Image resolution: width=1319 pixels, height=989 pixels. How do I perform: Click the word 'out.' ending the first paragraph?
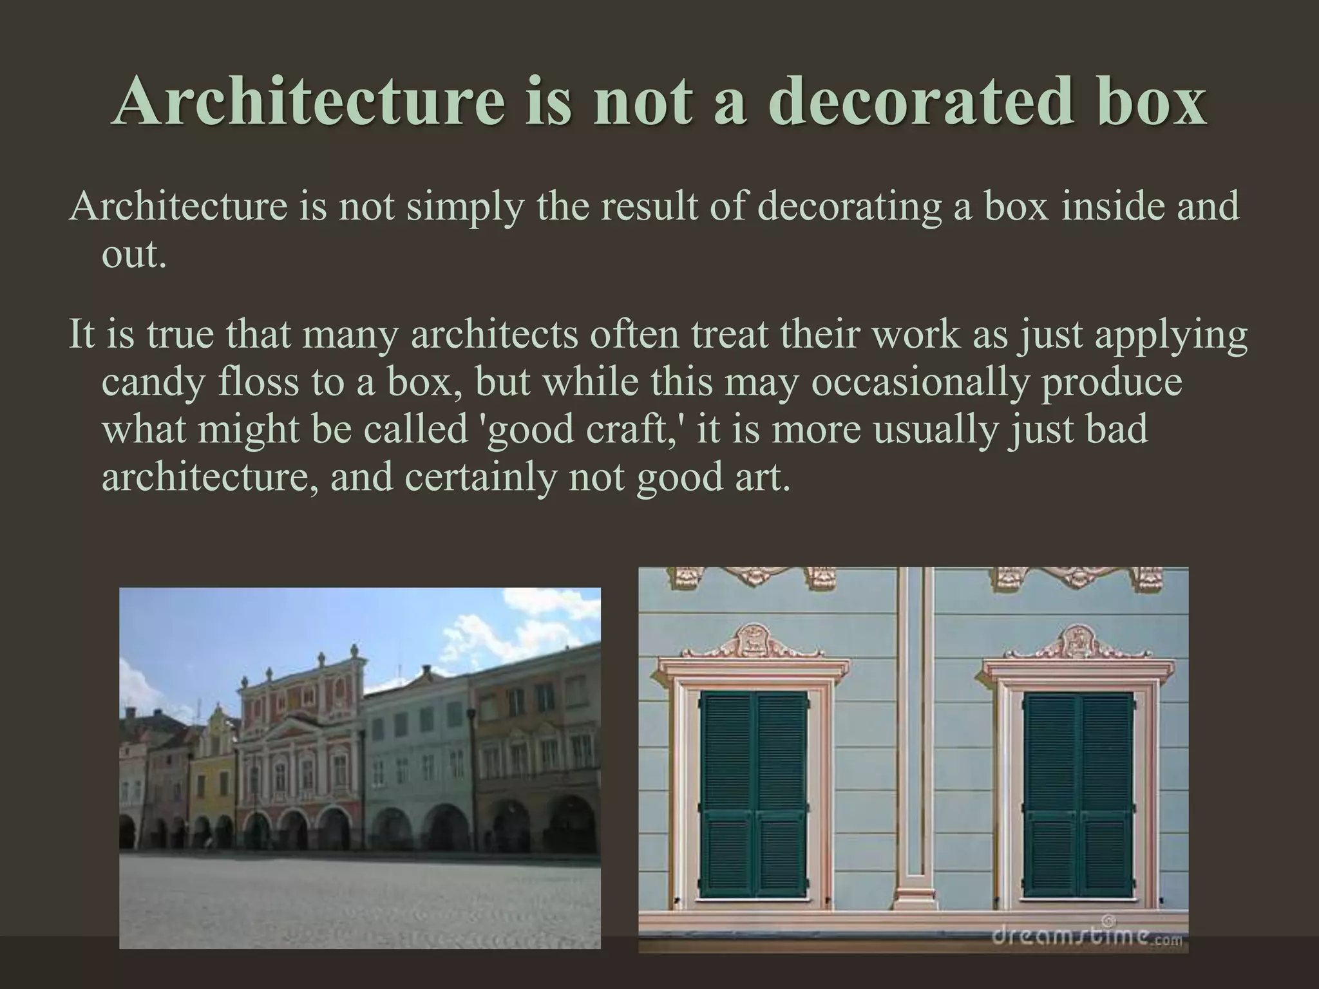tap(134, 255)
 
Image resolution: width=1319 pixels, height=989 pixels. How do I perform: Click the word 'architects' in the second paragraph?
tap(494, 335)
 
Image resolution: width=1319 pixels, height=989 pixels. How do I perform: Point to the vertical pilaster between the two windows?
tap(915, 740)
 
